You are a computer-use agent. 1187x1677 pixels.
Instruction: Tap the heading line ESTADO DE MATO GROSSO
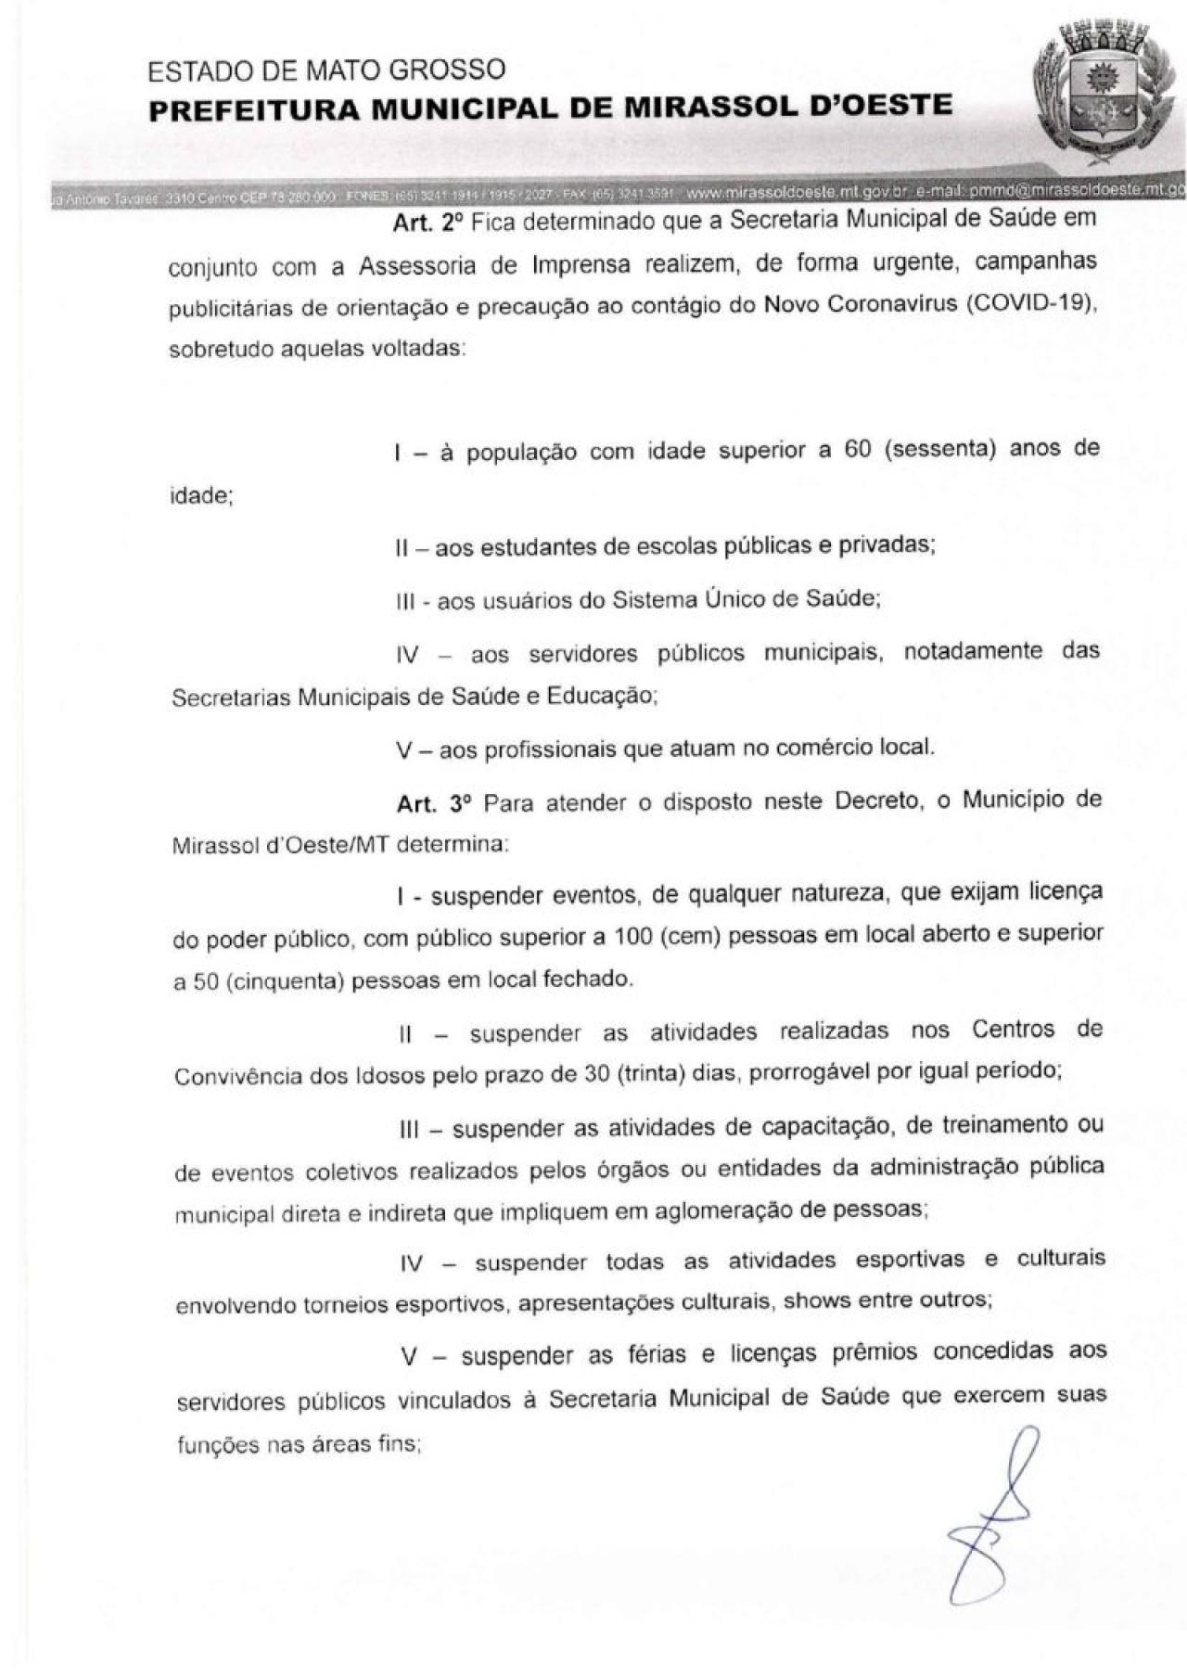pos(326,70)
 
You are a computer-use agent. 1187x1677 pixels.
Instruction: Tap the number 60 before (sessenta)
pos(858,450)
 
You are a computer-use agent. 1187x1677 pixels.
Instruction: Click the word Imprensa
pos(581,264)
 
